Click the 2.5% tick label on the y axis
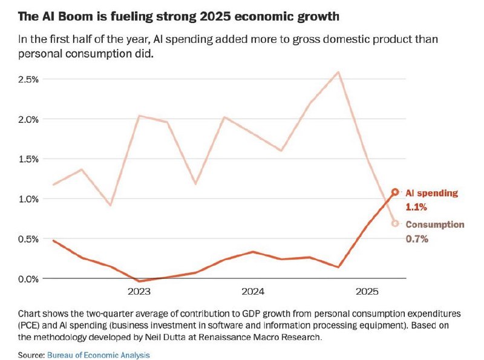coord(30,79)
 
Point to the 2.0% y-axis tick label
coord(30,119)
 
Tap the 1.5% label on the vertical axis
coord(30,159)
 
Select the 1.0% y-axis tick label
coord(30,199)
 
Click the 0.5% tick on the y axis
coord(30,239)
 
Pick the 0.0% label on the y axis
coord(30,279)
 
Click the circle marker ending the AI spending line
coord(395,192)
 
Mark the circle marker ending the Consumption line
coord(395,223)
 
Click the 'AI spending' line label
coord(431,193)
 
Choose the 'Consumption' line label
coord(434,224)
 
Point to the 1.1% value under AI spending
coord(416,207)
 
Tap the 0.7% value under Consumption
coord(416,238)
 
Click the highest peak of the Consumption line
coord(338,72)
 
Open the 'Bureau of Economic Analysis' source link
coord(98,355)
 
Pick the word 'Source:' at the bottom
coord(31,355)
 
